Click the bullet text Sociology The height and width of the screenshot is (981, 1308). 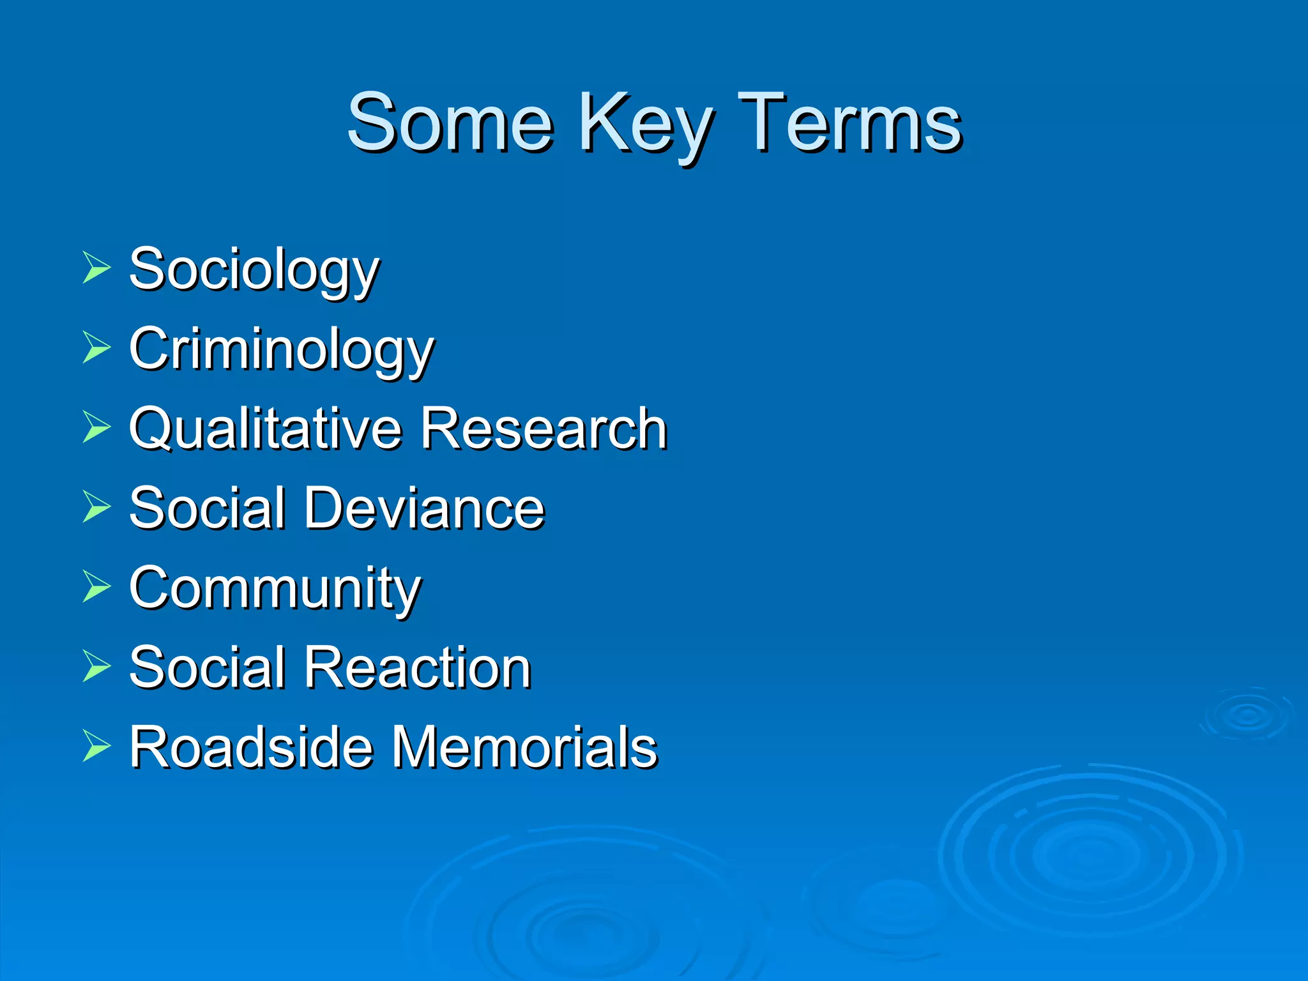point(254,270)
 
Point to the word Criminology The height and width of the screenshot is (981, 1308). point(281,349)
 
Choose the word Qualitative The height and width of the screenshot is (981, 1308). point(264,429)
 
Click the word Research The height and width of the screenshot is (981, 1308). point(544,429)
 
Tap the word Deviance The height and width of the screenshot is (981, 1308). point(424,508)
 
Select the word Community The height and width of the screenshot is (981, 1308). point(275,588)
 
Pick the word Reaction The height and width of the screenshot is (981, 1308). point(418,668)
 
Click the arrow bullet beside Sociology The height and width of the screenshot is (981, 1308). point(96,268)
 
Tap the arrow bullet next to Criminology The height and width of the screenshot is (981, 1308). point(96,347)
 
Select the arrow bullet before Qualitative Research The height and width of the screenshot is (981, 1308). point(96,427)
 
